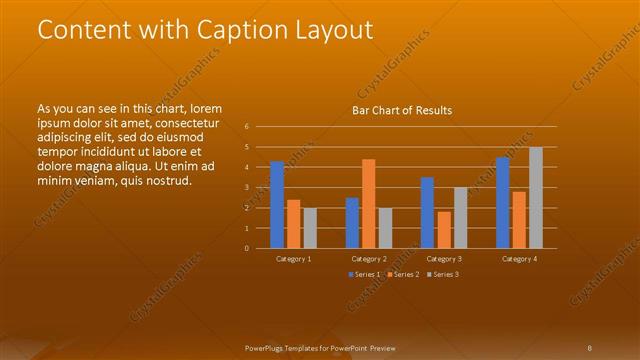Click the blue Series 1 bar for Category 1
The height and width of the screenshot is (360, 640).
(277, 205)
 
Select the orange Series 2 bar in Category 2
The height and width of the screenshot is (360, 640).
(368, 204)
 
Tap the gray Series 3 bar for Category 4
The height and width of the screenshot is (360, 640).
(536, 198)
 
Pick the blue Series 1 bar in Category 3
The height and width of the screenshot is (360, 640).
(427, 213)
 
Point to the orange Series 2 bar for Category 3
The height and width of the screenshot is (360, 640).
(444, 230)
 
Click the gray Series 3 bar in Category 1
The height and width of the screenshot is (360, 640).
(310, 228)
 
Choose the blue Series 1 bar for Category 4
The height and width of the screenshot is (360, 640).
(502, 203)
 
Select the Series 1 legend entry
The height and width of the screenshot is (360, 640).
(362, 274)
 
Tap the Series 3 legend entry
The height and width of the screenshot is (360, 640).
(442, 274)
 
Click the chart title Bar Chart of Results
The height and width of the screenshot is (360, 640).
(402, 110)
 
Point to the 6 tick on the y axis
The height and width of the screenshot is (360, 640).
(247, 127)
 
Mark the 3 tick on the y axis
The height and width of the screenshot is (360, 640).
(247, 188)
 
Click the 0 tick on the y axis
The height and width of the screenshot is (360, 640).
(247, 248)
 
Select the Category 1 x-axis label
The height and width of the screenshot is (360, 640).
(293, 259)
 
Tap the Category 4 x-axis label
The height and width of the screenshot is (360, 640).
(519, 259)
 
